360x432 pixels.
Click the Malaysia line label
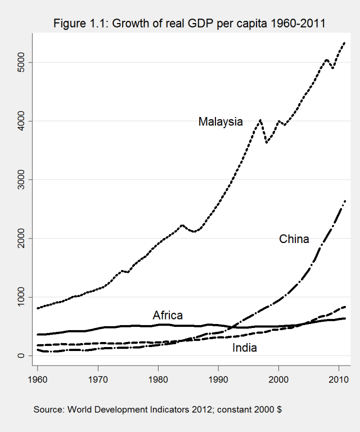(220, 121)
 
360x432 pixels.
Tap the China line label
(294, 239)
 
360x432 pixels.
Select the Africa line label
(168, 315)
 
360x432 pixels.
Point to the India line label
(245, 348)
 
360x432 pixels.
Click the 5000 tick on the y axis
(22, 62)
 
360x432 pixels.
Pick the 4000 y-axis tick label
(22, 121)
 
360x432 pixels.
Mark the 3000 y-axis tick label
(22, 179)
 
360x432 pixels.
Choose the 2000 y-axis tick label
(22, 238)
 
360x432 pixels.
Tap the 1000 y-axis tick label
(22, 297)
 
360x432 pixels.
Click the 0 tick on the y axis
(22, 355)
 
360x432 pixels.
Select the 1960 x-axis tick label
(38, 379)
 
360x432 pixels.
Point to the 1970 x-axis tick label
(98, 379)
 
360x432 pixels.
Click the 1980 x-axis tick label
(158, 379)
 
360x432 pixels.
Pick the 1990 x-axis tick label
(218, 379)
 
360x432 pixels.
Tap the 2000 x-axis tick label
(278, 379)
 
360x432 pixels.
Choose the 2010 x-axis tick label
(339, 379)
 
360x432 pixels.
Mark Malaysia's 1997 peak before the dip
(260, 120)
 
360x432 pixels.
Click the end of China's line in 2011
(344, 201)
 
